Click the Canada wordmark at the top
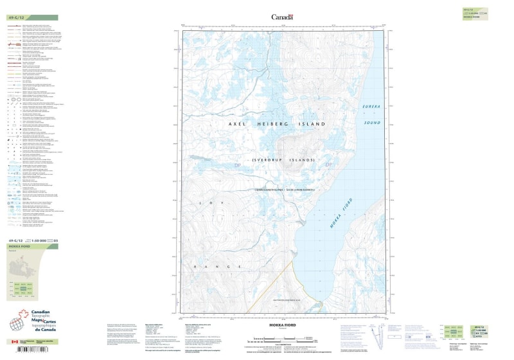coord(282,17)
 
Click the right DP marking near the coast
coord(331,166)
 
